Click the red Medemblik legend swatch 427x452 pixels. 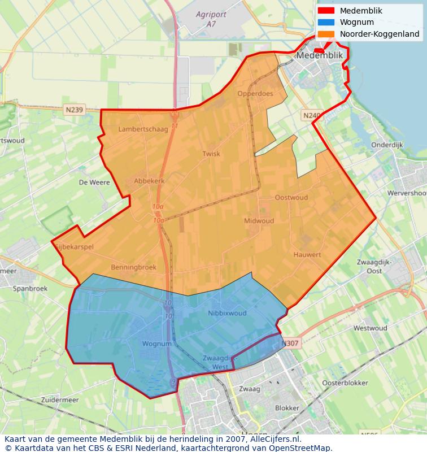(x=326, y=11)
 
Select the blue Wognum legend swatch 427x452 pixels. (x=326, y=23)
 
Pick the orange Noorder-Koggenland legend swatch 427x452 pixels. (x=326, y=34)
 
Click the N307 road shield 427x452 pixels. (x=290, y=343)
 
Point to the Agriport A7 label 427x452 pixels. (x=210, y=19)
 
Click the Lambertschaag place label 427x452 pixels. (x=143, y=129)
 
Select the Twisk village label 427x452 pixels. (x=211, y=154)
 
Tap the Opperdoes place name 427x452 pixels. (x=255, y=94)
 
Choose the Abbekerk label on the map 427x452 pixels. (x=149, y=181)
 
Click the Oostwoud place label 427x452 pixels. (x=291, y=198)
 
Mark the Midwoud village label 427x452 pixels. (x=259, y=221)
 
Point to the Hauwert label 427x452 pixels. (x=307, y=255)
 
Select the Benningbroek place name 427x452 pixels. (x=134, y=267)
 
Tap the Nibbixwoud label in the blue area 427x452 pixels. (x=227, y=313)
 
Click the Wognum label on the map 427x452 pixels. (x=156, y=344)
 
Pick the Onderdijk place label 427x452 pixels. (x=387, y=145)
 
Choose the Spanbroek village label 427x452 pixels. (x=30, y=288)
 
